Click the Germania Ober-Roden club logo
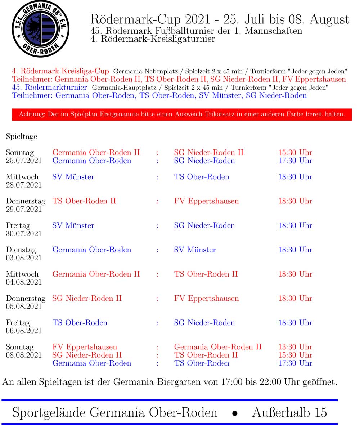pos(40,29)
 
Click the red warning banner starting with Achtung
pos(182,115)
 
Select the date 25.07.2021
pos(24,161)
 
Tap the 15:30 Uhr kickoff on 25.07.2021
pos(295,152)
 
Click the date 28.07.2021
pos(24,185)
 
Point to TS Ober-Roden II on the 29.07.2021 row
pos(84,201)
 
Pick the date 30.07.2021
pos(24,234)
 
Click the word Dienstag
pos(21,250)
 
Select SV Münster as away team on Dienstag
pos(195,250)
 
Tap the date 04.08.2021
pos(24,282)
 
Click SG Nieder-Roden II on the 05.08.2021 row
pos(87,298)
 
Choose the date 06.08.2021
pos(24,331)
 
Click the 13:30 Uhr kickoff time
pos(295,347)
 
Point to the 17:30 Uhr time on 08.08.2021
pos(295,363)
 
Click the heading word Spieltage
pos(21,137)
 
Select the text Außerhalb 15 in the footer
pos(289,412)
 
